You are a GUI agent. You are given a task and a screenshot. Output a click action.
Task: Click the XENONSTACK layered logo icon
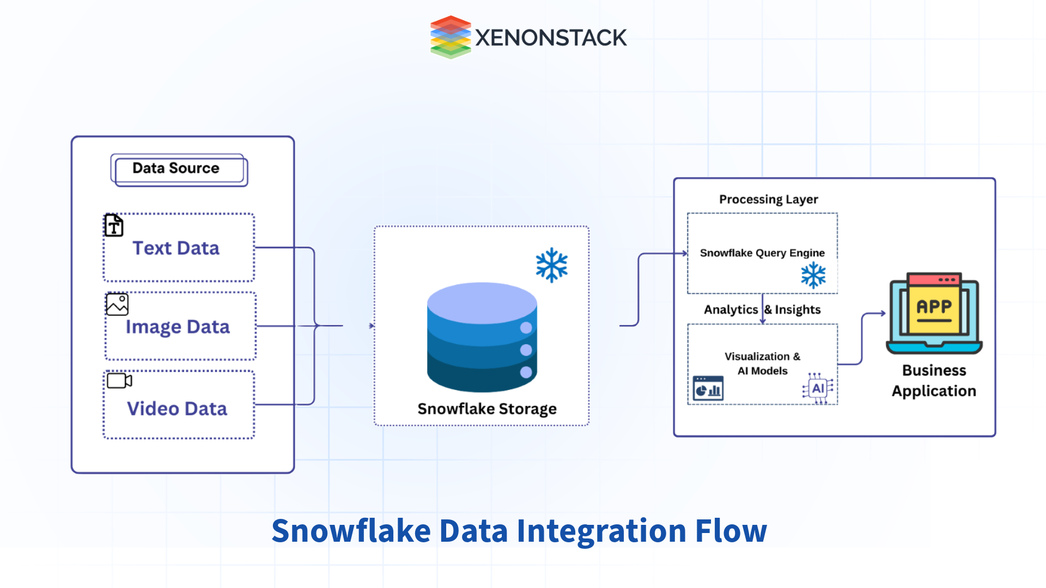(x=450, y=37)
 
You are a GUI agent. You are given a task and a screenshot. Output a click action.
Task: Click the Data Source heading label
(x=176, y=168)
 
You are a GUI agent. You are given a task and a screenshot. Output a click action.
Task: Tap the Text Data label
(x=176, y=248)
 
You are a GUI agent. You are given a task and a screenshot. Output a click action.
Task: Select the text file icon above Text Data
(x=114, y=225)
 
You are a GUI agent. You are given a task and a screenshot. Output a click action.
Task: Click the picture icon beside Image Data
(x=117, y=304)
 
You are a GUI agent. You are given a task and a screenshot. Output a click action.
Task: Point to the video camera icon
(x=119, y=381)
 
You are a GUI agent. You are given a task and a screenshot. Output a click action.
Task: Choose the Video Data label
(x=177, y=409)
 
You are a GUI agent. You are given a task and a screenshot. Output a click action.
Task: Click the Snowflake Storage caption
(x=487, y=409)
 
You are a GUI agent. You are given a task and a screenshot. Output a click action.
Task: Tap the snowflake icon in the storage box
(x=551, y=265)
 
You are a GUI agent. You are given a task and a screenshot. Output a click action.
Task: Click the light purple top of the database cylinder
(x=482, y=301)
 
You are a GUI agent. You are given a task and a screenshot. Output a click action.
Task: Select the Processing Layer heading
(x=768, y=199)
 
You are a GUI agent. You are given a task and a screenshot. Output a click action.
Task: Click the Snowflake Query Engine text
(x=762, y=253)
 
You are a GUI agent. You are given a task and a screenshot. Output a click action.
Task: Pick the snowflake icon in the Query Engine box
(x=813, y=275)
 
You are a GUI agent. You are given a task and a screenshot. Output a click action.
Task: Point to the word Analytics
(x=731, y=310)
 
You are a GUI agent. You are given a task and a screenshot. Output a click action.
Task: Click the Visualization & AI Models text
(x=762, y=364)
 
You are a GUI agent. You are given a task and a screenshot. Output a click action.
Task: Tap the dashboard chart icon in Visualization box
(x=708, y=389)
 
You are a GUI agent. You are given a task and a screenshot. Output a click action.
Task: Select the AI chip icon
(x=818, y=389)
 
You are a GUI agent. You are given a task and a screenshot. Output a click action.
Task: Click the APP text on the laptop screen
(x=934, y=307)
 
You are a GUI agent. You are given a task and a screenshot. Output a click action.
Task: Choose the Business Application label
(x=934, y=381)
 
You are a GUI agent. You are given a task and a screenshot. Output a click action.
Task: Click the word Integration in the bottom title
(x=601, y=531)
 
